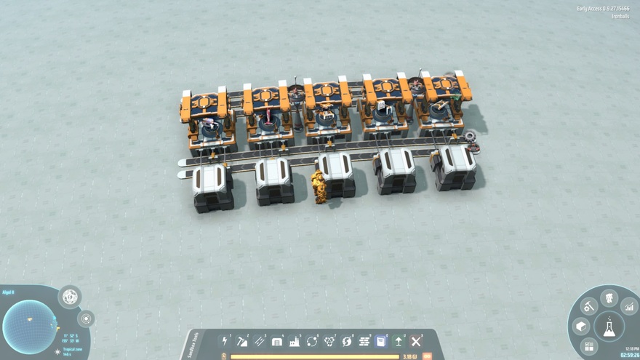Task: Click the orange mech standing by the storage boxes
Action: pos(319,187)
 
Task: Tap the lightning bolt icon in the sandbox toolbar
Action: pos(225,340)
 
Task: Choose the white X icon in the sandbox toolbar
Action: pos(415,340)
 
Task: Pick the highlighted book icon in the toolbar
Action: pos(380,340)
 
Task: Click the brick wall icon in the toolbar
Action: pos(277,340)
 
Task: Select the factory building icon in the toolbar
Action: pos(295,340)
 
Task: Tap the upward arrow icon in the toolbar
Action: pos(399,340)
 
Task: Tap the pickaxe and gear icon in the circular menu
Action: pos(588,306)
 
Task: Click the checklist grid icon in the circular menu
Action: pos(589,346)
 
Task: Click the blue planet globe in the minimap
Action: pos(30,327)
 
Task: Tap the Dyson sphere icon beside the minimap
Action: pos(70,297)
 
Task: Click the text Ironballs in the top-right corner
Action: pos(620,15)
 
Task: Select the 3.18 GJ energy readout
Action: pos(408,356)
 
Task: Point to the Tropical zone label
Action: pos(72,349)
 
